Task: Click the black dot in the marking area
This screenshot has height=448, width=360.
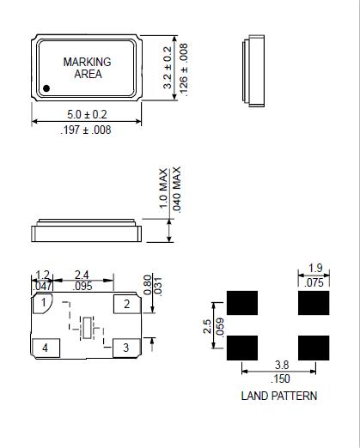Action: coord(46,88)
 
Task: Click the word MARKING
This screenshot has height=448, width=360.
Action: coord(87,62)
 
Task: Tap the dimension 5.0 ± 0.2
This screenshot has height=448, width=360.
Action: coord(87,114)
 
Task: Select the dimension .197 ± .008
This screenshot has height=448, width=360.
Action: coord(86,130)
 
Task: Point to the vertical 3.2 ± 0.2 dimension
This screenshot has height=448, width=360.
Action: coord(168,68)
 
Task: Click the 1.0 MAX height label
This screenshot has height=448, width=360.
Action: coord(163,189)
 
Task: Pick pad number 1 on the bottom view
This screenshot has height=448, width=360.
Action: coord(43,303)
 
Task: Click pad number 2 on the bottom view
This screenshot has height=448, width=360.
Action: coord(127,304)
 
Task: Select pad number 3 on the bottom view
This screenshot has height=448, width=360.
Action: coord(126,348)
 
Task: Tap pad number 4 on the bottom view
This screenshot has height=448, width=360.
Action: coord(46,348)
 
